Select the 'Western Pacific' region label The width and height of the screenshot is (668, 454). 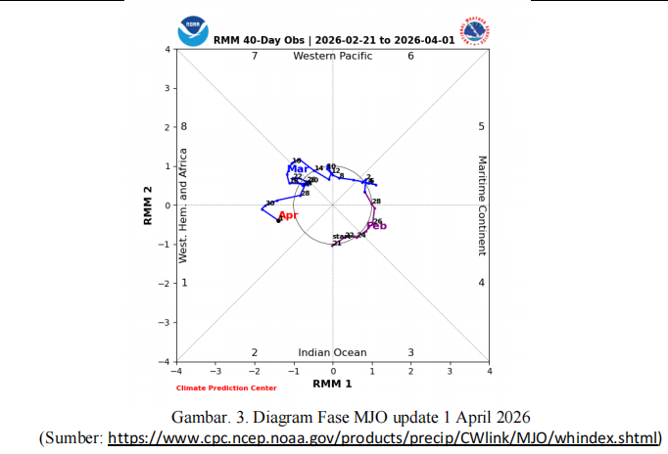(333, 56)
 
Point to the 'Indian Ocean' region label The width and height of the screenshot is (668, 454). (333, 353)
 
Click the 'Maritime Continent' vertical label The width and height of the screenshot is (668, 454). (482, 205)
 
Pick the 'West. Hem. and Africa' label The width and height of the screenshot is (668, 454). (182, 205)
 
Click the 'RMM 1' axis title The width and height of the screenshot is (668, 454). (333, 383)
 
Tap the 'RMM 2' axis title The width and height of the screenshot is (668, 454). (148, 205)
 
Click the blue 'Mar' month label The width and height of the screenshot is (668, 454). (297, 169)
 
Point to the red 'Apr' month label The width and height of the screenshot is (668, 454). (288, 215)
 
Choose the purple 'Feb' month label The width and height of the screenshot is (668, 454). (377, 226)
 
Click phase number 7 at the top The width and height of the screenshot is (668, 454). (255, 56)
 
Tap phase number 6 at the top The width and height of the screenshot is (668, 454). (410, 56)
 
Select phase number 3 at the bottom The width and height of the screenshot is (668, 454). (410, 352)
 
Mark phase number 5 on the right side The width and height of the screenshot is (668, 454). (481, 127)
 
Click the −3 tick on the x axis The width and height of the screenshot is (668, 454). (215, 372)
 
